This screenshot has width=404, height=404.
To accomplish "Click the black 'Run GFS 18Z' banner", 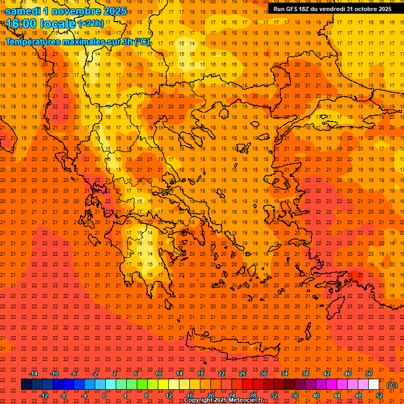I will [332, 9].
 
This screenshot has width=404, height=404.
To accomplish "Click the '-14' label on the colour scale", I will [34, 373].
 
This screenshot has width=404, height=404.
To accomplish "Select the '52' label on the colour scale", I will [379, 396].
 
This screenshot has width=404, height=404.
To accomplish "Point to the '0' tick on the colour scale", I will [105, 396].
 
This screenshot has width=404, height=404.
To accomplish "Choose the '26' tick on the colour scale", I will [243, 373].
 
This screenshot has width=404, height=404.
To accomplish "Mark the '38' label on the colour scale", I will [306, 373].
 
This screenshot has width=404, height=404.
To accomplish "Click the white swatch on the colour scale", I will [374, 385].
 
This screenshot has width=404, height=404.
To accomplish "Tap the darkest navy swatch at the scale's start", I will [27, 385].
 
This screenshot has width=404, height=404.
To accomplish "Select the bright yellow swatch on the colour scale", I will [164, 385].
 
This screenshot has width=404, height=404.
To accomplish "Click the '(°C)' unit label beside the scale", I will [392, 385].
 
